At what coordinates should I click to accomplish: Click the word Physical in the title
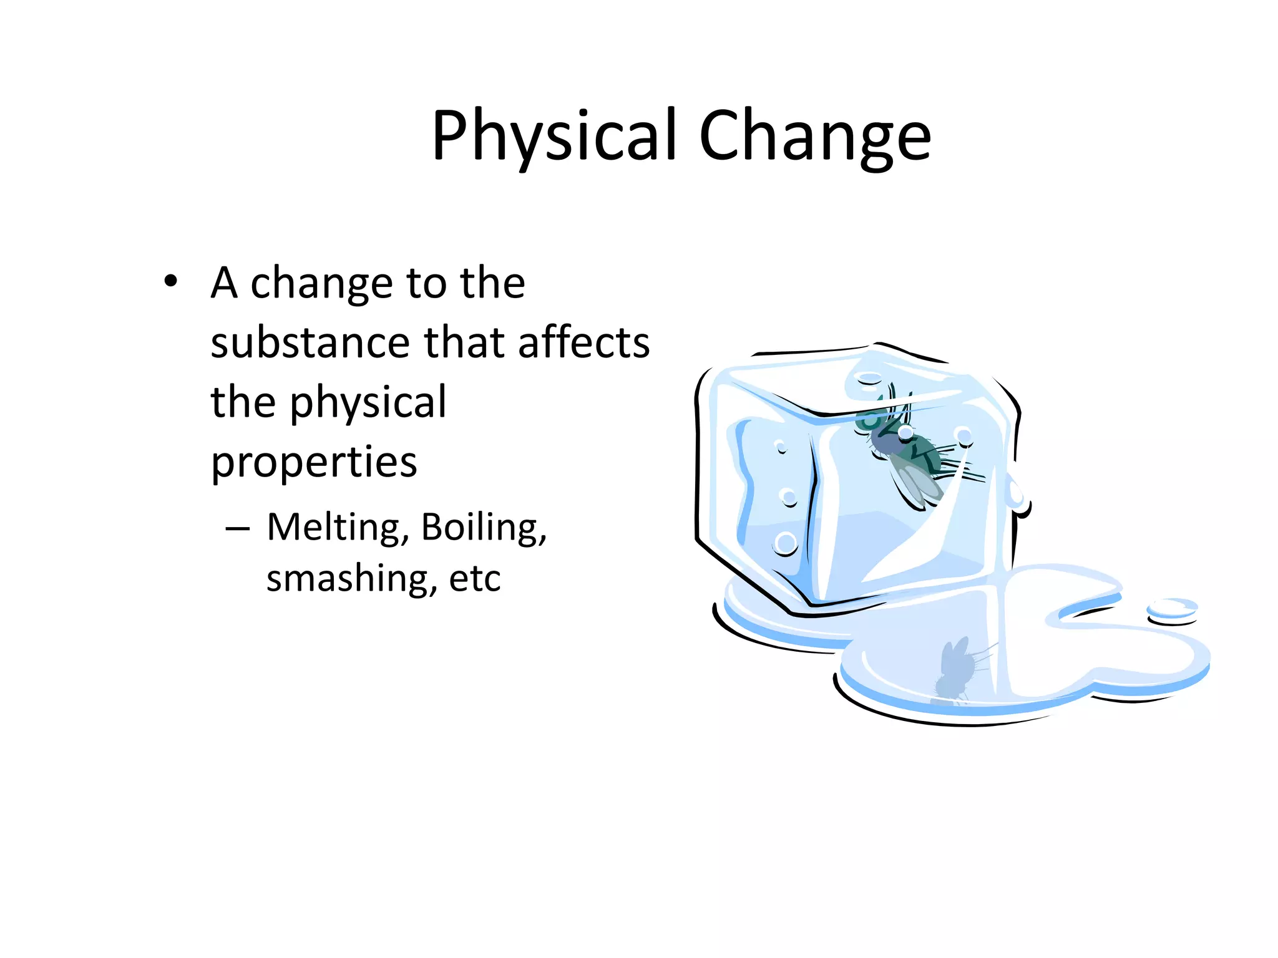[x=554, y=136]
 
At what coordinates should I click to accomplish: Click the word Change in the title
[x=814, y=136]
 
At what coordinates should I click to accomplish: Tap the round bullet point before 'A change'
[x=171, y=281]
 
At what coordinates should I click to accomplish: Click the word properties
[x=314, y=463]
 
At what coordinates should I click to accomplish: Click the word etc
[x=475, y=579]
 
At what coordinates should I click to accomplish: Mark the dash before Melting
[x=238, y=530]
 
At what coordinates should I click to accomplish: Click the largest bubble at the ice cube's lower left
[x=786, y=543]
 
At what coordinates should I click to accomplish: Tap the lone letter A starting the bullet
[x=224, y=283]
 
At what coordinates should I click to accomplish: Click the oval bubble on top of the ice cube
[x=868, y=379]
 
